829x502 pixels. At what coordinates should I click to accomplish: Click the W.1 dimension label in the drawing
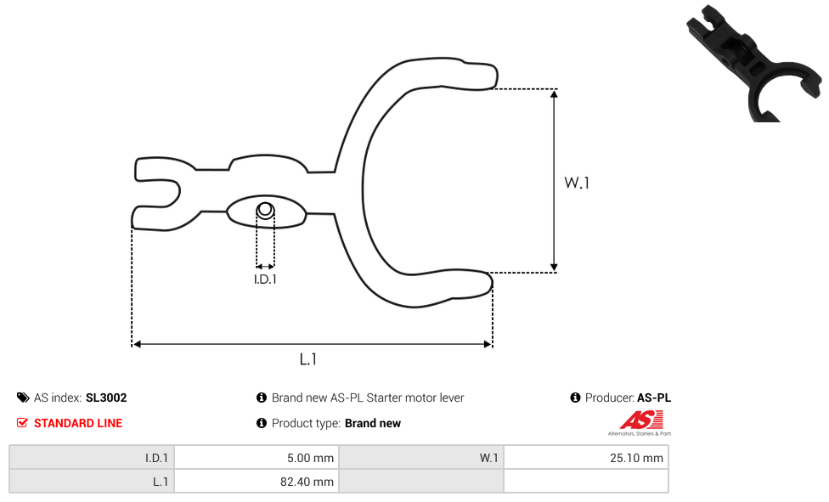pos(576,183)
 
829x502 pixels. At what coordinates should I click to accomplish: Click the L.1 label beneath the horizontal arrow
pos(307,359)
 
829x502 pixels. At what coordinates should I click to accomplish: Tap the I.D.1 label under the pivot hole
pos(265,279)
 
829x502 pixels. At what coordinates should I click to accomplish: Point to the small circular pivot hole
pos(265,211)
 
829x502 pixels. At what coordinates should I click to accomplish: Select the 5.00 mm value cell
pos(257,458)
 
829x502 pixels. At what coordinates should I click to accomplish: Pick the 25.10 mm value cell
pos(586,458)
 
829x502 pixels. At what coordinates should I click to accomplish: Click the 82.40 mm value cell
pos(257,482)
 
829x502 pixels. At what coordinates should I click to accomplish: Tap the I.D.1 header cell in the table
pos(92,458)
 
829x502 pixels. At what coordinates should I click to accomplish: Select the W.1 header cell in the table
pos(421,458)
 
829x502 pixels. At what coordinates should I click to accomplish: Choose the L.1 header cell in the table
pos(92,482)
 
